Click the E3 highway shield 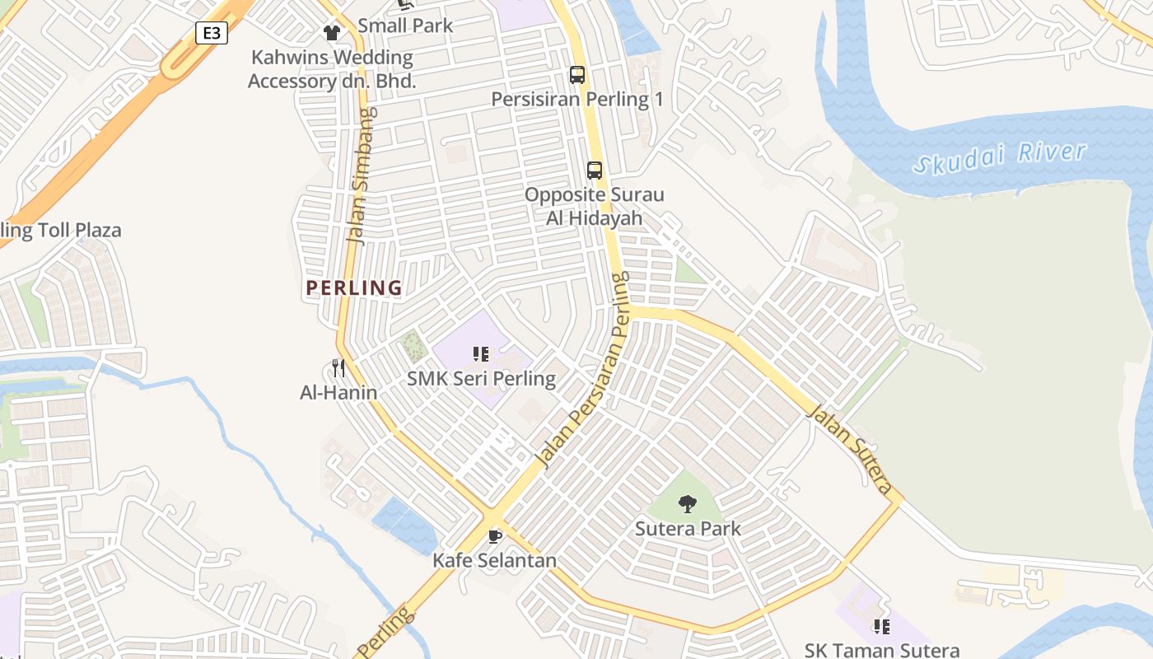tap(212, 33)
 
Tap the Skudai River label tap(1000, 157)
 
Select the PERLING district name tap(354, 288)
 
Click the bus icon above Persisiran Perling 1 tap(577, 75)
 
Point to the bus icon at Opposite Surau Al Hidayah tap(594, 171)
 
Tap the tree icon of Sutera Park tap(688, 504)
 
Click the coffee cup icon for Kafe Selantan tap(494, 537)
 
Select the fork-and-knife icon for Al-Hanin tap(338, 367)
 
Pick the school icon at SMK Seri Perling tap(481, 354)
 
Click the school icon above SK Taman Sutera tap(881, 627)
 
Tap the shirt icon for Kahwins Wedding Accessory tap(331, 33)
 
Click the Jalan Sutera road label tap(850, 448)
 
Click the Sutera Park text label tap(688, 529)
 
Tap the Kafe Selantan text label tap(494, 561)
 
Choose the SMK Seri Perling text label tap(481, 379)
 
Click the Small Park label tap(405, 26)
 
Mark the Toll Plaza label tap(61, 230)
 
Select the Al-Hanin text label tap(338, 393)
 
